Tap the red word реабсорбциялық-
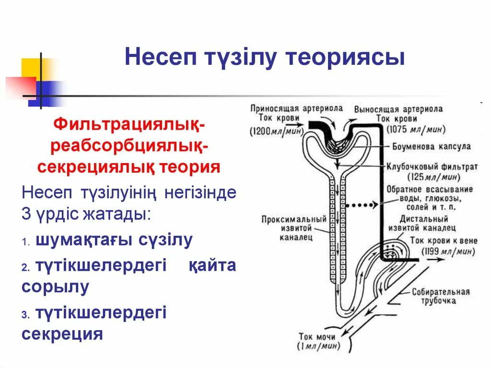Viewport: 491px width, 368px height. point(129,146)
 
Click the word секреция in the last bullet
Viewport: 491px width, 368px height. point(62,334)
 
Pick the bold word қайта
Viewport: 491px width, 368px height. point(211,265)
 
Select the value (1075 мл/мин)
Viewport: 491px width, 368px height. point(416,129)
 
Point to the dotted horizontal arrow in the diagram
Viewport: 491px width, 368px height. point(361,205)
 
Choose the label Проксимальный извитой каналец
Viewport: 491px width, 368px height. point(293,228)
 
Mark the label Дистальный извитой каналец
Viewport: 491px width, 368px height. point(422,224)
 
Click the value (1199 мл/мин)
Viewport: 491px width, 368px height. point(448,251)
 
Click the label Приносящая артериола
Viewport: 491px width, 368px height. point(296,108)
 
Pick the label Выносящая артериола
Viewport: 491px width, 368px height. point(398,109)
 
